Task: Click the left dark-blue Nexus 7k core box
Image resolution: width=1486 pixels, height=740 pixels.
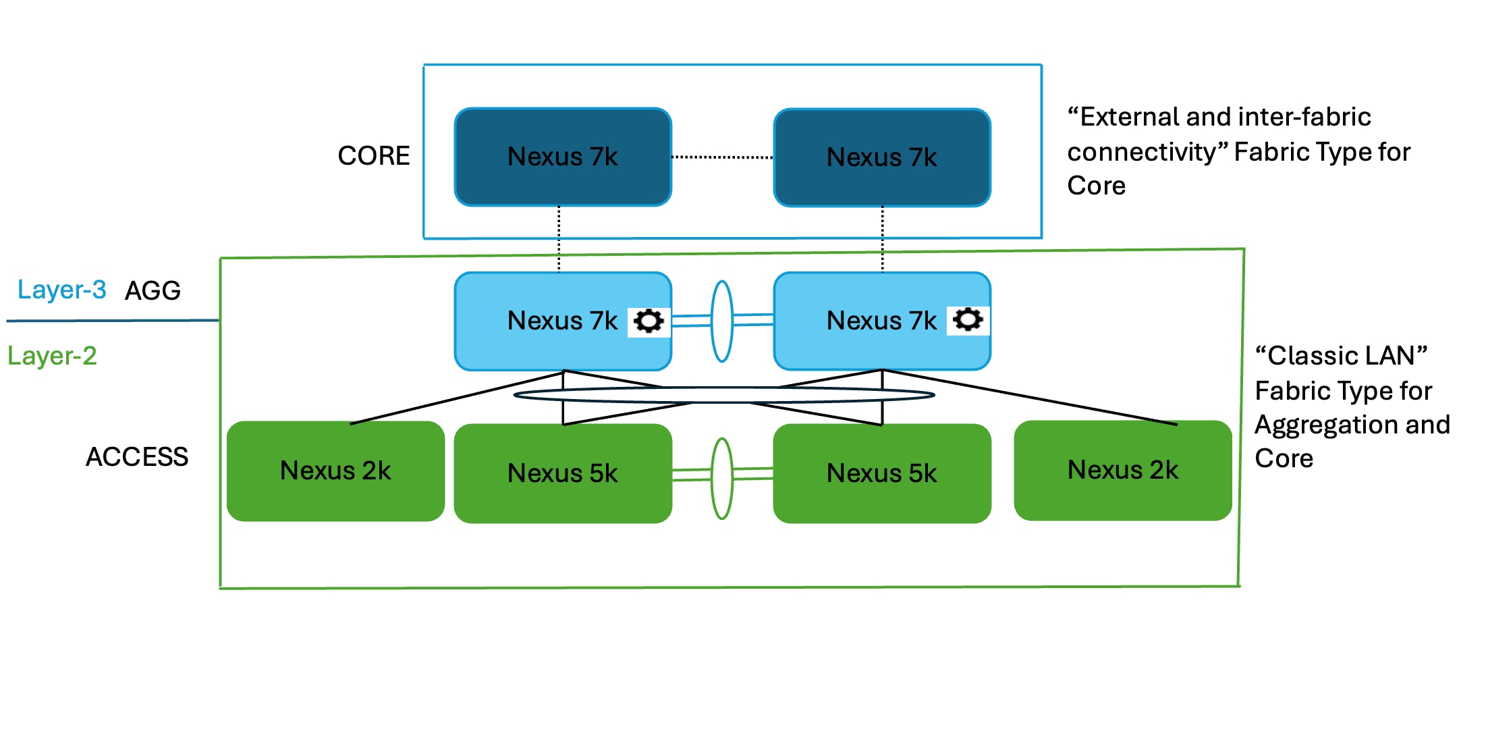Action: [563, 157]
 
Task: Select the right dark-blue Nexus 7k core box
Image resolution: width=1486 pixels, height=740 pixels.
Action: [882, 157]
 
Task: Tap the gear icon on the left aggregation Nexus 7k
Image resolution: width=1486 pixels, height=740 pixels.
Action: [649, 321]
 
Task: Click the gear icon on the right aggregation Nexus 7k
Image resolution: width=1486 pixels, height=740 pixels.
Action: [968, 319]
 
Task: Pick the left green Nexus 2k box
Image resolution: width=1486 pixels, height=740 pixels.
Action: [335, 471]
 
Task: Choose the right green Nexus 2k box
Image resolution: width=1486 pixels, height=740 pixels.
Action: [1123, 470]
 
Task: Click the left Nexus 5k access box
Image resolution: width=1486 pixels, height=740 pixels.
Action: [563, 473]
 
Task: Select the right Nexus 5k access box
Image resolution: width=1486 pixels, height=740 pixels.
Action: [882, 473]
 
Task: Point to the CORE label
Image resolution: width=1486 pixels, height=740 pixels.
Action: [373, 156]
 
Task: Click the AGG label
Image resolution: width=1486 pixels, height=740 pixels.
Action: [153, 291]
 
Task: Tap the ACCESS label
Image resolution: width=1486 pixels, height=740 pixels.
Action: [137, 457]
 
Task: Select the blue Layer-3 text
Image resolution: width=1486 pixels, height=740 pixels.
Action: [61, 290]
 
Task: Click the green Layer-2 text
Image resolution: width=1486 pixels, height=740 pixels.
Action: [52, 356]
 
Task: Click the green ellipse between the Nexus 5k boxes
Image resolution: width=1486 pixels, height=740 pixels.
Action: [722, 442]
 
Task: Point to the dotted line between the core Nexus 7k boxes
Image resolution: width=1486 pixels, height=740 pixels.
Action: [722, 157]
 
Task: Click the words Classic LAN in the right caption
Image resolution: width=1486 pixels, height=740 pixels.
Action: [1340, 356]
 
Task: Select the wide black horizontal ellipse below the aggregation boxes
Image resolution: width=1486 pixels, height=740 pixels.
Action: [723, 389]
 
